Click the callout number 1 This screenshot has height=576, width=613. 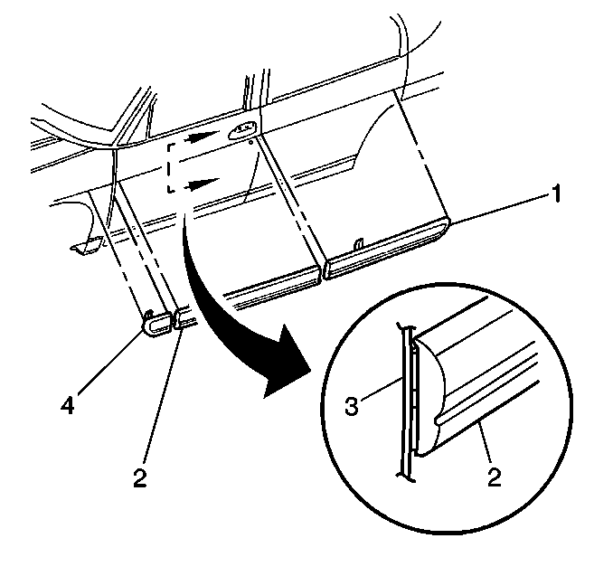click(555, 194)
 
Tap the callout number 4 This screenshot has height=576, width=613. click(67, 404)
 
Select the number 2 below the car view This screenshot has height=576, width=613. click(139, 477)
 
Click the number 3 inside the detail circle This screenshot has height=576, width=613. click(351, 405)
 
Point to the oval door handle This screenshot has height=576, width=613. click(242, 129)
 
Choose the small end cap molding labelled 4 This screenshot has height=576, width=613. click(158, 323)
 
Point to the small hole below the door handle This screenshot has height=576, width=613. click(251, 142)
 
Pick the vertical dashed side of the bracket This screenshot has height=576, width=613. click(168, 168)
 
